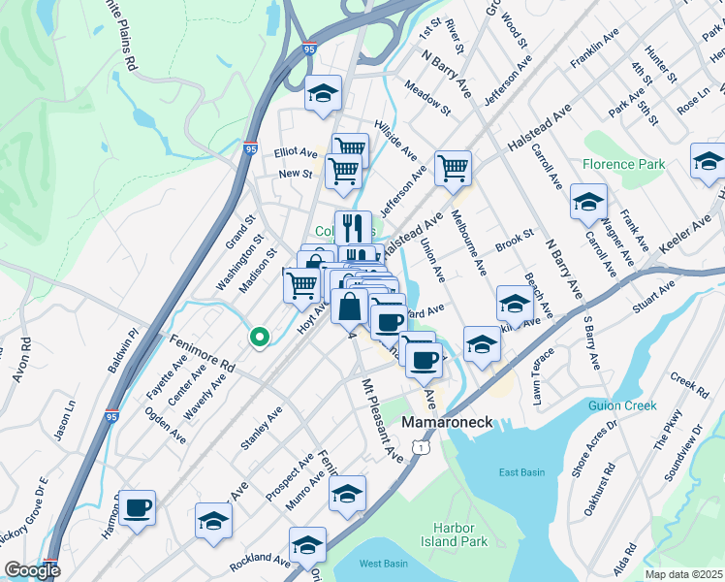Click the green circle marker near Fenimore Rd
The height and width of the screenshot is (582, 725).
[259, 338]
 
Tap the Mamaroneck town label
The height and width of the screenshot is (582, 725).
[448, 423]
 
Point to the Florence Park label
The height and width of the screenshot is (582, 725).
[624, 164]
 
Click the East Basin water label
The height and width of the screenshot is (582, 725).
[521, 472]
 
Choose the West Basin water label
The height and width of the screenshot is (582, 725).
[382, 564]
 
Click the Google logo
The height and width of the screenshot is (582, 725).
[32, 570]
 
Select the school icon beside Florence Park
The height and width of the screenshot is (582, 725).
[588, 201]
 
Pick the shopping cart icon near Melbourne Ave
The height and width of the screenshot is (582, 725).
[453, 168]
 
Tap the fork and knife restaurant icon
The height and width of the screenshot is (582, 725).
[354, 228]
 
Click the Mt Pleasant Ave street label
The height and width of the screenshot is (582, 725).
[381, 419]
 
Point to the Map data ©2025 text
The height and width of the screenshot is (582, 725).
[684, 574]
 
